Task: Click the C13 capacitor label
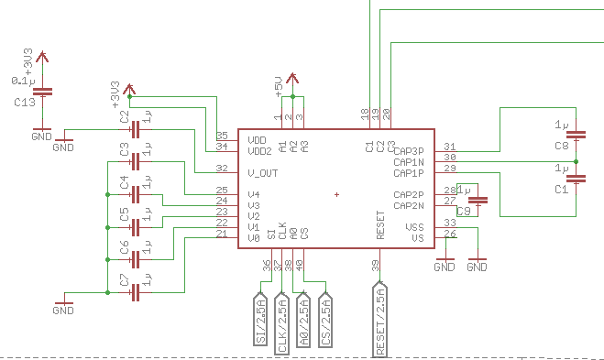(25, 103)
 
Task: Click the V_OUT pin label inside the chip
(263, 173)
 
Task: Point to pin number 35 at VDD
(221, 136)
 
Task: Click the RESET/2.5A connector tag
(380, 319)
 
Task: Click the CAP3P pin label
(408, 151)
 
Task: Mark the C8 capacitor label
(561, 146)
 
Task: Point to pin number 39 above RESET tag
(375, 266)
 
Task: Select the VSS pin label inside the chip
(415, 227)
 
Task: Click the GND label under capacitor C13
(41, 136)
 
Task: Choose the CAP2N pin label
(408, 205)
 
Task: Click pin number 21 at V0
(221, 235)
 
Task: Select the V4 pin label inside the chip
(254, 195)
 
